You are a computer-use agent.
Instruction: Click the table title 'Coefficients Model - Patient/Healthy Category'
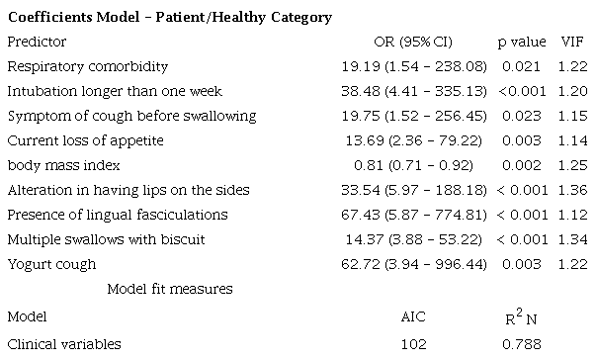169,18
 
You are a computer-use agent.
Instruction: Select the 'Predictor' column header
37,43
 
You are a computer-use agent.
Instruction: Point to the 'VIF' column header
572,43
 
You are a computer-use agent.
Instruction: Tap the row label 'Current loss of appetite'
85,141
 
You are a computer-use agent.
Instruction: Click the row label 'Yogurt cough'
51,265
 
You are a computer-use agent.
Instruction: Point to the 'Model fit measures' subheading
170,290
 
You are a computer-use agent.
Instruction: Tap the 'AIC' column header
413,319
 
